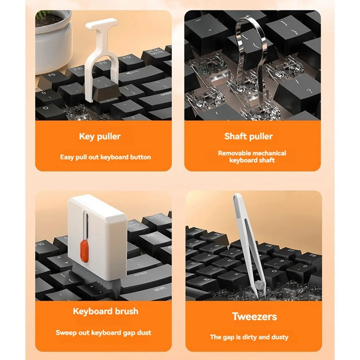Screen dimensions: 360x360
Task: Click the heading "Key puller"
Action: coord(99,136)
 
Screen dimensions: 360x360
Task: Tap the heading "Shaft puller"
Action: coord(248,136)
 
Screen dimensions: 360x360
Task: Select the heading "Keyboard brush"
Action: coord(105,311)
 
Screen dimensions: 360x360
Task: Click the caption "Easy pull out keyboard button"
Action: coord(105,157)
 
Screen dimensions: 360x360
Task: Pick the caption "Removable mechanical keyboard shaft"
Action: coord(252,157)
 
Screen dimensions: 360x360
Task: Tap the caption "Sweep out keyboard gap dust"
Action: coord(103,333)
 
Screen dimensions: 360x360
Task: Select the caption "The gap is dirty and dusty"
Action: coord(249,337)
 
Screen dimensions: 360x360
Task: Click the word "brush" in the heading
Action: coord(123,311)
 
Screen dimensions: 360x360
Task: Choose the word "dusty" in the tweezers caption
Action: coord(279,337)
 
